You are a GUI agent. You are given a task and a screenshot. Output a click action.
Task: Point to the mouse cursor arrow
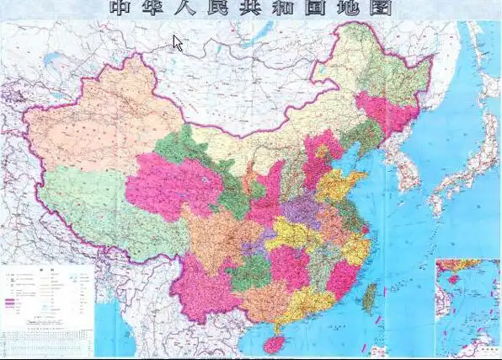(178, 42)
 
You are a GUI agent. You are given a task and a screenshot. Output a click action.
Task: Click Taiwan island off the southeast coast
(369, 294)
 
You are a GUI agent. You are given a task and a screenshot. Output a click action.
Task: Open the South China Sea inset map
(466, 308)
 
